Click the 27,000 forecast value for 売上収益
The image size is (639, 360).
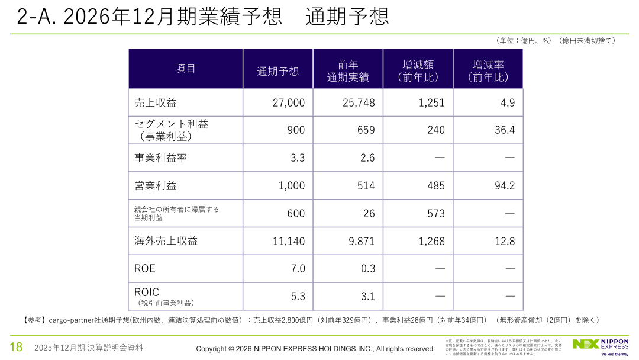289,102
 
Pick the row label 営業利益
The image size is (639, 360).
156,185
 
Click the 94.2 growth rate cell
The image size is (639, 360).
505,185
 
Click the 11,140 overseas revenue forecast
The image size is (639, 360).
289,241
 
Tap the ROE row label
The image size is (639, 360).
145,268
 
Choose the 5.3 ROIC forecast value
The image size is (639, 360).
298,296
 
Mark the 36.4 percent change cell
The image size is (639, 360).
505,130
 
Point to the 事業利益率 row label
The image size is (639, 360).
161,158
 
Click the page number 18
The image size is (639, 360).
15,347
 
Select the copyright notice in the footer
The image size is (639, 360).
315,348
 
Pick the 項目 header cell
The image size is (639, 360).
185,68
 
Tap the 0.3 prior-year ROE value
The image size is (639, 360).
368,268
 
